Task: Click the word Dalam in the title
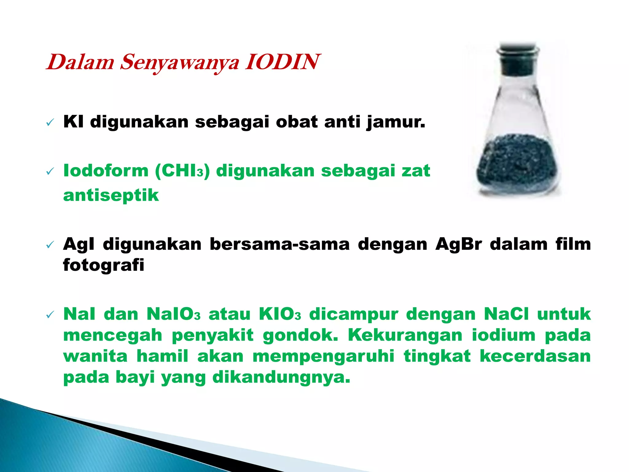[x=80, y=62]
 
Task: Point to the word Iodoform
[x=106, y=171]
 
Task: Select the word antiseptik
[x=111, y=195]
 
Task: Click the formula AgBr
[x=459, y=244]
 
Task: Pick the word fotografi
[x=104, y=265]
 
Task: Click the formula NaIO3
[x=174, y=314]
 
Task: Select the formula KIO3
[x=280, y=314]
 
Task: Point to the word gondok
[x=300, y=335]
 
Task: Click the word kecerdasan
[x=535, y=356]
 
